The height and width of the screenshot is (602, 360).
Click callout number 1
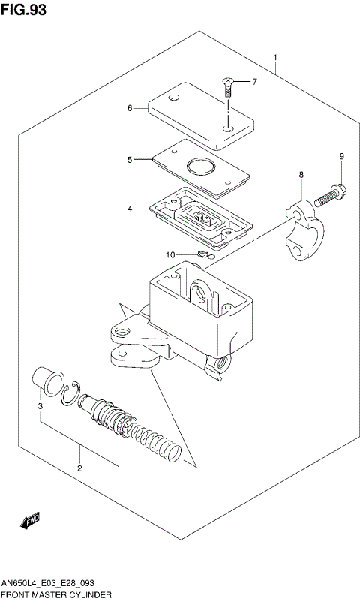click(x=276, y=58)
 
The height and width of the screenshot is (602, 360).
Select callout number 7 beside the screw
click(x=253, y=81)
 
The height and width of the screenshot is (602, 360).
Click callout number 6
click(x=130, y=108)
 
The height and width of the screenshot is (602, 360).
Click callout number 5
click(x=130, y=159)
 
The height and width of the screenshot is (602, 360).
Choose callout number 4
click(x=130, y=209)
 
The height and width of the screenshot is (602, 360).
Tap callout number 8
click(x=301, y=175)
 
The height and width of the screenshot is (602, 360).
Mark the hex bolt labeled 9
click(x=327, y=196)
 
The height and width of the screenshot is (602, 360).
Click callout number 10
click(x=170, y=255)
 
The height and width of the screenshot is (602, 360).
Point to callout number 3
click(x=40, y=407)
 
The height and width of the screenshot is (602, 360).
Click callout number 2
click(x=79, y=468)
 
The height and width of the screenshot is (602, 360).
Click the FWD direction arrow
click(x=31, y=520)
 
